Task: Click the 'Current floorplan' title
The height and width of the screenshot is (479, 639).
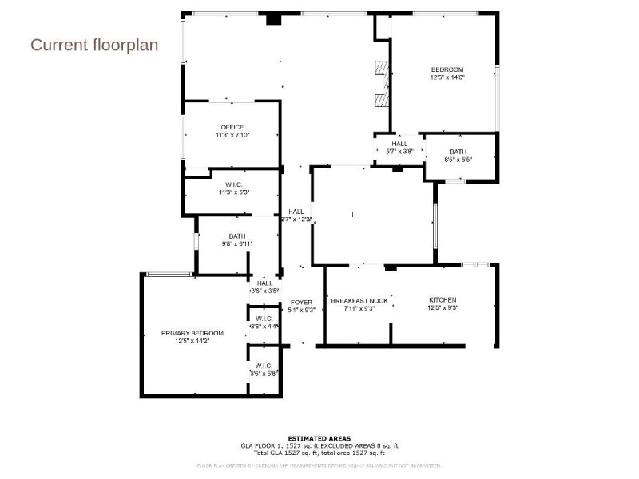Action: point(94,45)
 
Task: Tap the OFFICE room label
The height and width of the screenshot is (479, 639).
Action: point(232,128)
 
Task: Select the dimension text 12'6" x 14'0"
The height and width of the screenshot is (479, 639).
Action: point(447,77)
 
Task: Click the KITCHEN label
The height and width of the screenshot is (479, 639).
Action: point(443,300)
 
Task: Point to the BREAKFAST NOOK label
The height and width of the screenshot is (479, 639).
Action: point(359,301)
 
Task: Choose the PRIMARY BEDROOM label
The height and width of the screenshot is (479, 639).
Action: point(192,333)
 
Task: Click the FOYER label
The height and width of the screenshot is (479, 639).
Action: point(301,303)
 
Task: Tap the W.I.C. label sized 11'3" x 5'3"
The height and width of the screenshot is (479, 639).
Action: point(233,184)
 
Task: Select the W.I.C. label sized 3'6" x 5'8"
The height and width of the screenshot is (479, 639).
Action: point(264,366)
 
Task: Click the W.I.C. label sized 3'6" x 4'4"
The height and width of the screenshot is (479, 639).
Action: point(264,319)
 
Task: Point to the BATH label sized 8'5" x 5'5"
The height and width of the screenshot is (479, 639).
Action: point(458,152)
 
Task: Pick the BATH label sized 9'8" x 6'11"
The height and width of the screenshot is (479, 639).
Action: point(237,236)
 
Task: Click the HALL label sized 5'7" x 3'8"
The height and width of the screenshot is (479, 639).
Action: point(399,144)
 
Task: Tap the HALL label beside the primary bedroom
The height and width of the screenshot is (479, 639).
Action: point(264,283)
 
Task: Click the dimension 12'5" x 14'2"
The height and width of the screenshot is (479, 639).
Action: point(192,341)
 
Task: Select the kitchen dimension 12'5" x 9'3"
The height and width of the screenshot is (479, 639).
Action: point(443,308)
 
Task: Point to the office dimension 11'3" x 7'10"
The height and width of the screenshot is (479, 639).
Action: point(232,136)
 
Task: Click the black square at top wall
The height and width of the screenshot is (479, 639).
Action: point(273,18)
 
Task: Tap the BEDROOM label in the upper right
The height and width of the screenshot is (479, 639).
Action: point(447,69)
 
